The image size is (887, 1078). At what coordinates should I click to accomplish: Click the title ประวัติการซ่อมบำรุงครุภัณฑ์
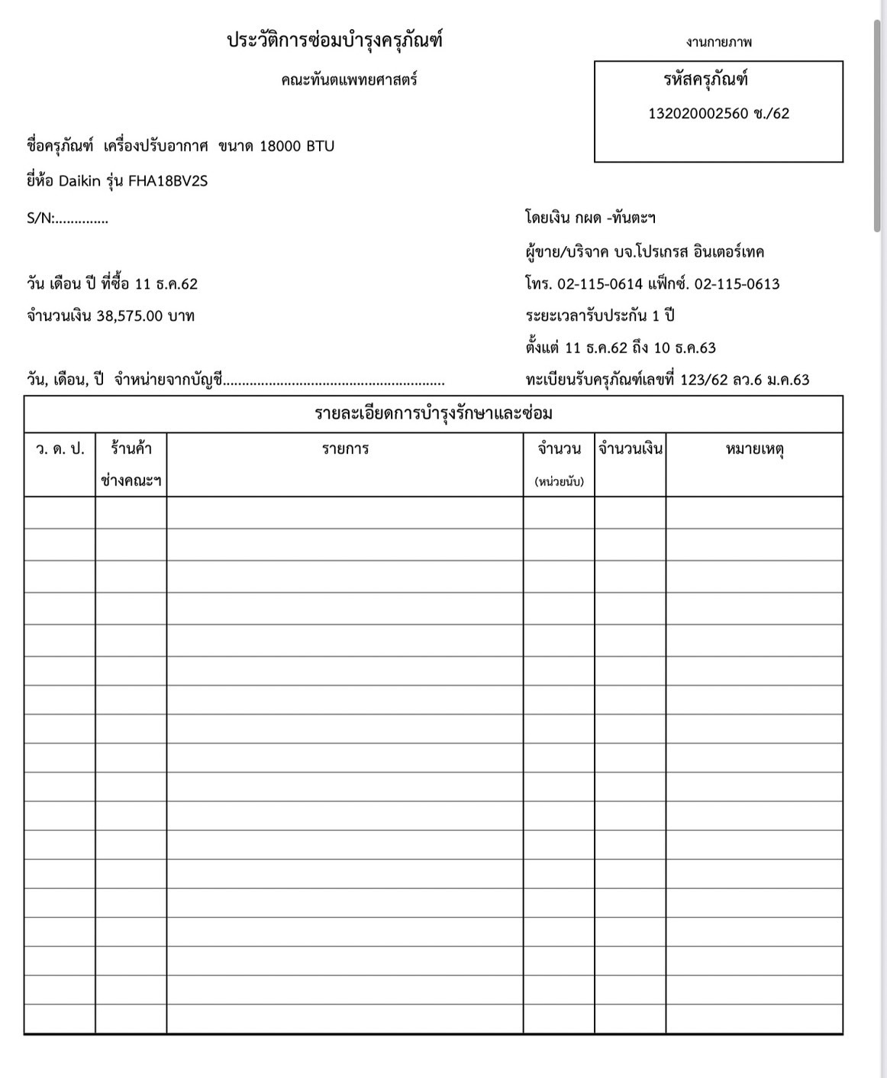point(334,40)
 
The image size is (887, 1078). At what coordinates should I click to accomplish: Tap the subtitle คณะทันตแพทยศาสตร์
point(349,80)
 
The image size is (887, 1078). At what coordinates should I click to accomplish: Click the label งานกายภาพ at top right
point(718,43)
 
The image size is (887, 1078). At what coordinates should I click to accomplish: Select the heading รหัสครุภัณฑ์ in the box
point(705,79)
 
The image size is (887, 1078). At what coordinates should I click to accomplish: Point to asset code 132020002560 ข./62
point(718,114)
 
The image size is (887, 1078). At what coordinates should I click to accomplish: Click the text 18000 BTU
point(297,146)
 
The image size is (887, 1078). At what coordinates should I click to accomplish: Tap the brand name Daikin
point(80,181)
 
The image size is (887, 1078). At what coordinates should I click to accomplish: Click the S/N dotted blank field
point(82,219)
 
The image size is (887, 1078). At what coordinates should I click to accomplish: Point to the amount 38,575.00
point(130,316)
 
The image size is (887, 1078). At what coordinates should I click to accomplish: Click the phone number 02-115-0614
point(601,284)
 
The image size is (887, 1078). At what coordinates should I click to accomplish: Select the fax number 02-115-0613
point(737,284)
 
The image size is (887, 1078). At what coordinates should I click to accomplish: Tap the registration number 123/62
point(703,380)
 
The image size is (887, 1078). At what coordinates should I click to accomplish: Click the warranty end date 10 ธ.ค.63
point(685,348)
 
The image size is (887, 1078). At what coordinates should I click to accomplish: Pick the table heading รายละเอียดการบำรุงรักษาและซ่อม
point(434,414)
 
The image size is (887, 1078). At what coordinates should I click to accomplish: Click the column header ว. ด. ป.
point(60,449)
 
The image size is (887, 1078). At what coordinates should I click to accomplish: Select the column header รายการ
point(345,449)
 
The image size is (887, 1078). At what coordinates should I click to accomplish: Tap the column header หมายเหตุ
point(754,449)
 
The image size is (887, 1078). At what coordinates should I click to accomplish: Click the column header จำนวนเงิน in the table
point(631,449)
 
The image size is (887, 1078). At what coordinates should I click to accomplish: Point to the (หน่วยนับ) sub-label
point(559,482)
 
